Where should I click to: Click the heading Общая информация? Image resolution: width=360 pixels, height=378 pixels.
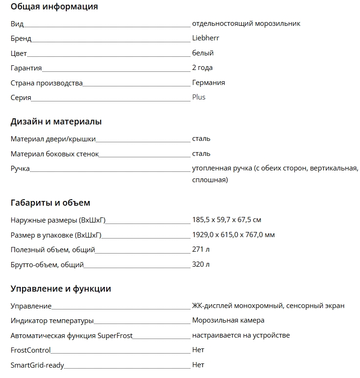(54, 7)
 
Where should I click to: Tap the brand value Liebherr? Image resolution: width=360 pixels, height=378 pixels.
(205, 38)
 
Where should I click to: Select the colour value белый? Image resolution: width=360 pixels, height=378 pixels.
(203, 53)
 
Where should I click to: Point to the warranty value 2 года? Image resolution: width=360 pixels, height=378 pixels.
(202, 68)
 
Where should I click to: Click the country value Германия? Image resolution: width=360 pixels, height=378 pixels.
(208, 83)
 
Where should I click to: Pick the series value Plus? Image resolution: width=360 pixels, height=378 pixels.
(198, 97)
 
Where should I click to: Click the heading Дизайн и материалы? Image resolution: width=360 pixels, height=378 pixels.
(56, 122)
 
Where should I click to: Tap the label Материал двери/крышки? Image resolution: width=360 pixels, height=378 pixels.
(53, 139)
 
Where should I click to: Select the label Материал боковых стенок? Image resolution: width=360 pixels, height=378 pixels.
(55, 154)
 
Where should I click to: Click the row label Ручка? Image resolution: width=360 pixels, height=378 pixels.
(20, 168)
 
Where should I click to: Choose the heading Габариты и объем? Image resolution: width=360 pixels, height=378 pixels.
(50, 203)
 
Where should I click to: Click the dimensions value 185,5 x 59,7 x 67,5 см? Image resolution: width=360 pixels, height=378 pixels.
(227, 220)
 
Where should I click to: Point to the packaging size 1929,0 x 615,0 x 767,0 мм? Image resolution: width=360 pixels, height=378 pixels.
(233, 234)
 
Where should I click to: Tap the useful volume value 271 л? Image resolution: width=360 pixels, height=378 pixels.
(201, 249)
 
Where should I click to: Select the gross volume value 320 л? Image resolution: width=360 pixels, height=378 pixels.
(201, 264)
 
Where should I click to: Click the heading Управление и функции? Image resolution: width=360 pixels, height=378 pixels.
(61, 289)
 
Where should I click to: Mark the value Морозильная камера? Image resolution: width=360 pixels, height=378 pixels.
(228, 320)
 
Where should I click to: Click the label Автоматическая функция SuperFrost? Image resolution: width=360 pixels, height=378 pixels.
(71, 335)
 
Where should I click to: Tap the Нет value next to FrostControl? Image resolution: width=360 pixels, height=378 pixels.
(198, 350)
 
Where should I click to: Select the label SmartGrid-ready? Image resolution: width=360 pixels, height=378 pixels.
(37, 365)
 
